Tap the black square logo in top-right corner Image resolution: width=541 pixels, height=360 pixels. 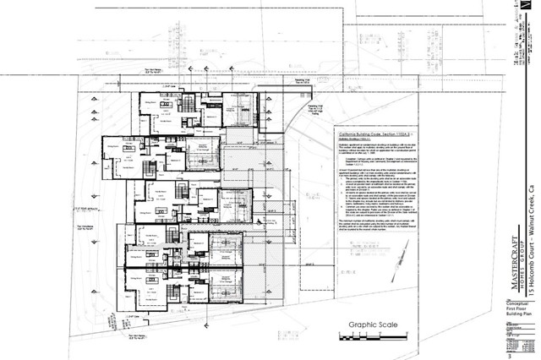(x=530, y=7)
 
